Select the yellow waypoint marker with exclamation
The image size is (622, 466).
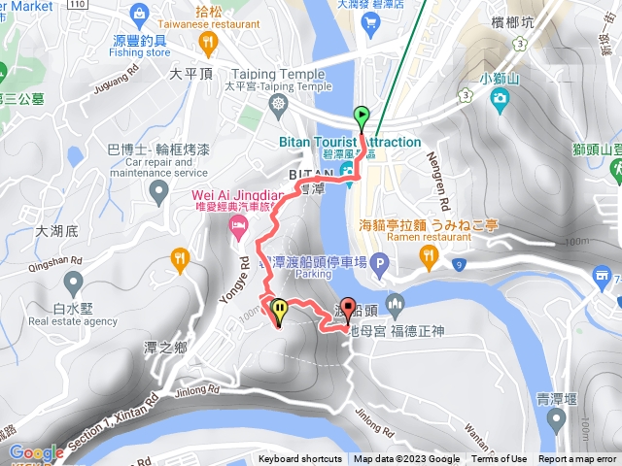[x=280, y=311]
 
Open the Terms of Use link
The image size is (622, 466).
[x=499, y=459]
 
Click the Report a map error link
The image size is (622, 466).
[x=577, y=459]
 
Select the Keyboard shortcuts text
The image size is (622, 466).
[x=299, y=459]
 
